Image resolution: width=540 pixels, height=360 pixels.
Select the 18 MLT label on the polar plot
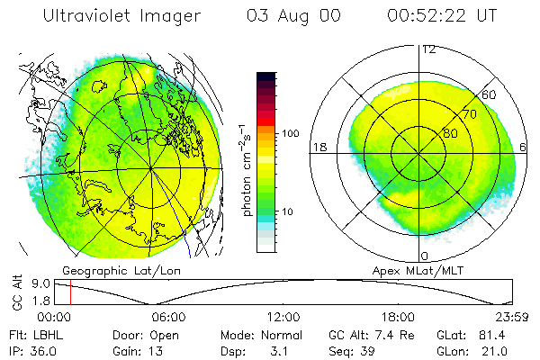pyautogui.click(x=318, y=147)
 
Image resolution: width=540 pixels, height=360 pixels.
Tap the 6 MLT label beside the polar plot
pyautogui.click(x=524, y=147)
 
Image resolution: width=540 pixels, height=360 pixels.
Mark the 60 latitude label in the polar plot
pyautogui.click(x=490, y=94)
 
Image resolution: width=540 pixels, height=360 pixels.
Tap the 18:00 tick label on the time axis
pyautogui.click(x=398, y=317)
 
